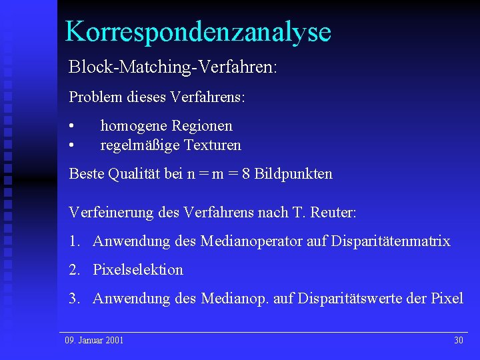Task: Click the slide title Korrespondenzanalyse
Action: click(x=198, y=31)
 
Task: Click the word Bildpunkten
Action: click(x=293, y=175)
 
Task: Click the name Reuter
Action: click(x=333, y=213)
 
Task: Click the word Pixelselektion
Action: click(x=138, y=270)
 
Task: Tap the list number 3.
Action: click(x=73, y=299)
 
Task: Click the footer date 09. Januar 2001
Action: click(x=94, y=341)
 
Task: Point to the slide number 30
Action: click(x=458, y=341)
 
